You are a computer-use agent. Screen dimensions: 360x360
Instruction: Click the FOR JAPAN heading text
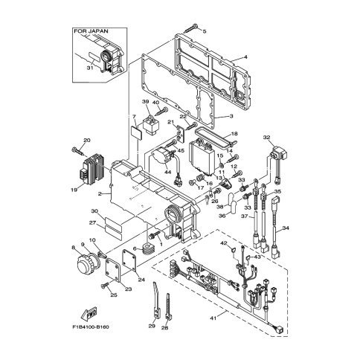point(91,31)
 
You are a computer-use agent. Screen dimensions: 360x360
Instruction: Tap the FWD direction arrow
point(89,313)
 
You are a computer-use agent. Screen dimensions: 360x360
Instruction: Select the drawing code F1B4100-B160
point(91,327)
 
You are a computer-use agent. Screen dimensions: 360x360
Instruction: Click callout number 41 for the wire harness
point(213,318)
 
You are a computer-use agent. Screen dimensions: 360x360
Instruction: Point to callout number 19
point(74,190)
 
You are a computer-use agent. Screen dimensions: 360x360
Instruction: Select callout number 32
point(266,137)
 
